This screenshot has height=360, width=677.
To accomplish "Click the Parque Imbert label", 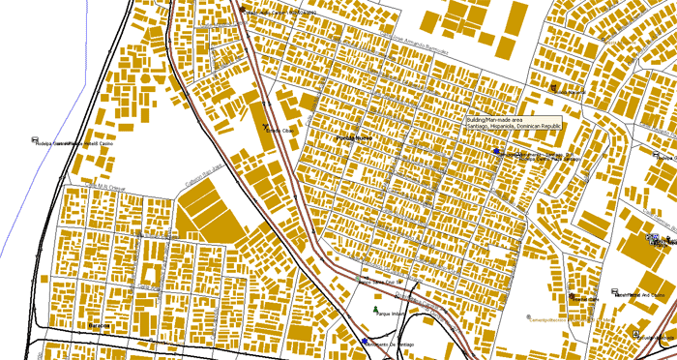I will [x=389, y=315].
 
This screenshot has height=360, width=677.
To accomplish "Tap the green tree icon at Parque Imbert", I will [x=376, y=309].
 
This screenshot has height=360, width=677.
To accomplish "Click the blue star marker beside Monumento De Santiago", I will [x=365, y=342].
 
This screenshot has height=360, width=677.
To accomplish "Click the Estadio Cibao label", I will [x=280, y=130].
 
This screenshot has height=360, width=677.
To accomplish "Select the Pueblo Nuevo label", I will [x=353, y=139].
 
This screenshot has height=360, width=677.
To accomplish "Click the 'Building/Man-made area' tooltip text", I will [x=493, y=119].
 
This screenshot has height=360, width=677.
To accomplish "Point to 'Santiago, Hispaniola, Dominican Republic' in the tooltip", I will [x=513, y=126].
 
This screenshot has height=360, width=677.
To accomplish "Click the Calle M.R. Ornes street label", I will [x=104, y=183].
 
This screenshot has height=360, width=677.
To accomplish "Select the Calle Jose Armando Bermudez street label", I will [x=421, y=40].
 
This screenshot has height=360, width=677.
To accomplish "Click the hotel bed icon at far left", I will [x=35, y=141].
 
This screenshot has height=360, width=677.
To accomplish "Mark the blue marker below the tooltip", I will [x=496, y=152].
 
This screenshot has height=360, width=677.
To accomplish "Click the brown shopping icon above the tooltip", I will [x=553, y=88].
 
